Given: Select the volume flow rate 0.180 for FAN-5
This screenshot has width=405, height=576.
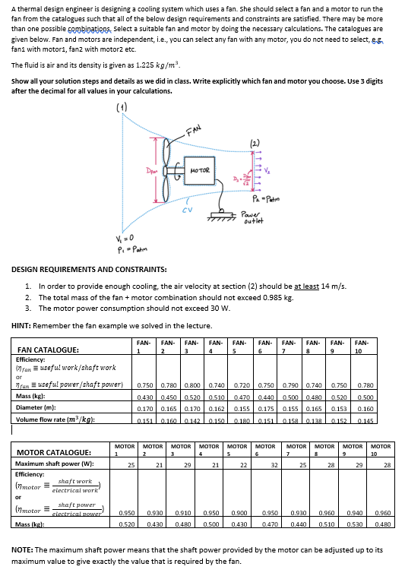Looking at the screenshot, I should tap(242, 419).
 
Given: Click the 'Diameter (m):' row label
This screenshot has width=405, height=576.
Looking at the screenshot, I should tap(35, 408).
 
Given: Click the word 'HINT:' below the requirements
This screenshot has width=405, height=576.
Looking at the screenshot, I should tap(23, 324).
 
